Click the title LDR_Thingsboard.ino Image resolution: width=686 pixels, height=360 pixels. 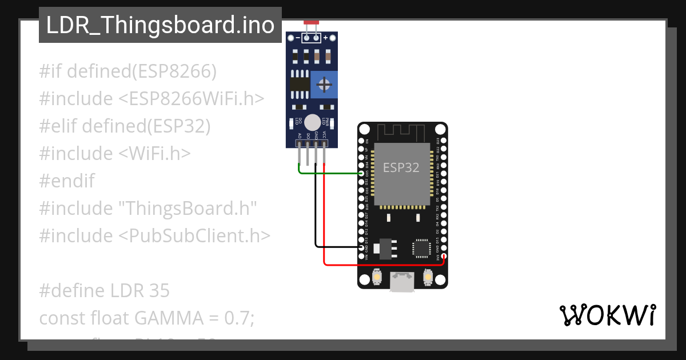tap(160, 25)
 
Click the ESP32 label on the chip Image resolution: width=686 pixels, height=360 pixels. tap(401, 167)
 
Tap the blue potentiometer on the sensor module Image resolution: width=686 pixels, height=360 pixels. tap(324, 85)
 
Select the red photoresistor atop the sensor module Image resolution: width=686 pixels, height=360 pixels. tap(312, 22)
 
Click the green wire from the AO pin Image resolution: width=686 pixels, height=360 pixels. tap(329, 173)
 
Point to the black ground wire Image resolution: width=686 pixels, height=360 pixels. tap(316, 217)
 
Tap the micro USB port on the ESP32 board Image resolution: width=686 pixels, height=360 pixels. tap(402, 281)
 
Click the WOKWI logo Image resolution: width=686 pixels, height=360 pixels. tap(607, 315)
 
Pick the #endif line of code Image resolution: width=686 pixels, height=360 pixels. tap(67, 181)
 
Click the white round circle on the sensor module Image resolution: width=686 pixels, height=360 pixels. tap(312, 122)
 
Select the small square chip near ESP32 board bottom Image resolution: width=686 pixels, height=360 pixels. tap(421, 248)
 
